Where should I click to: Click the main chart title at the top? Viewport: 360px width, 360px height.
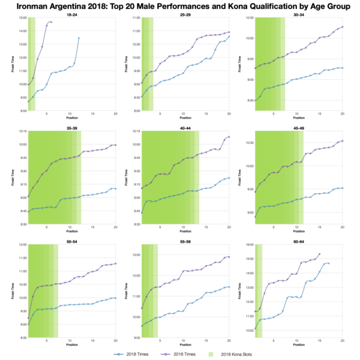(x=180, y=5)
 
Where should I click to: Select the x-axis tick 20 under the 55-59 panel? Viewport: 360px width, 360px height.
(x=229, y=342)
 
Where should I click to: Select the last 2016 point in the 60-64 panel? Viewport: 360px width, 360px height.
(x=320, y=254)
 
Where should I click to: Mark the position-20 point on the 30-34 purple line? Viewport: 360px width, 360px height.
(x=342, y=27)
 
